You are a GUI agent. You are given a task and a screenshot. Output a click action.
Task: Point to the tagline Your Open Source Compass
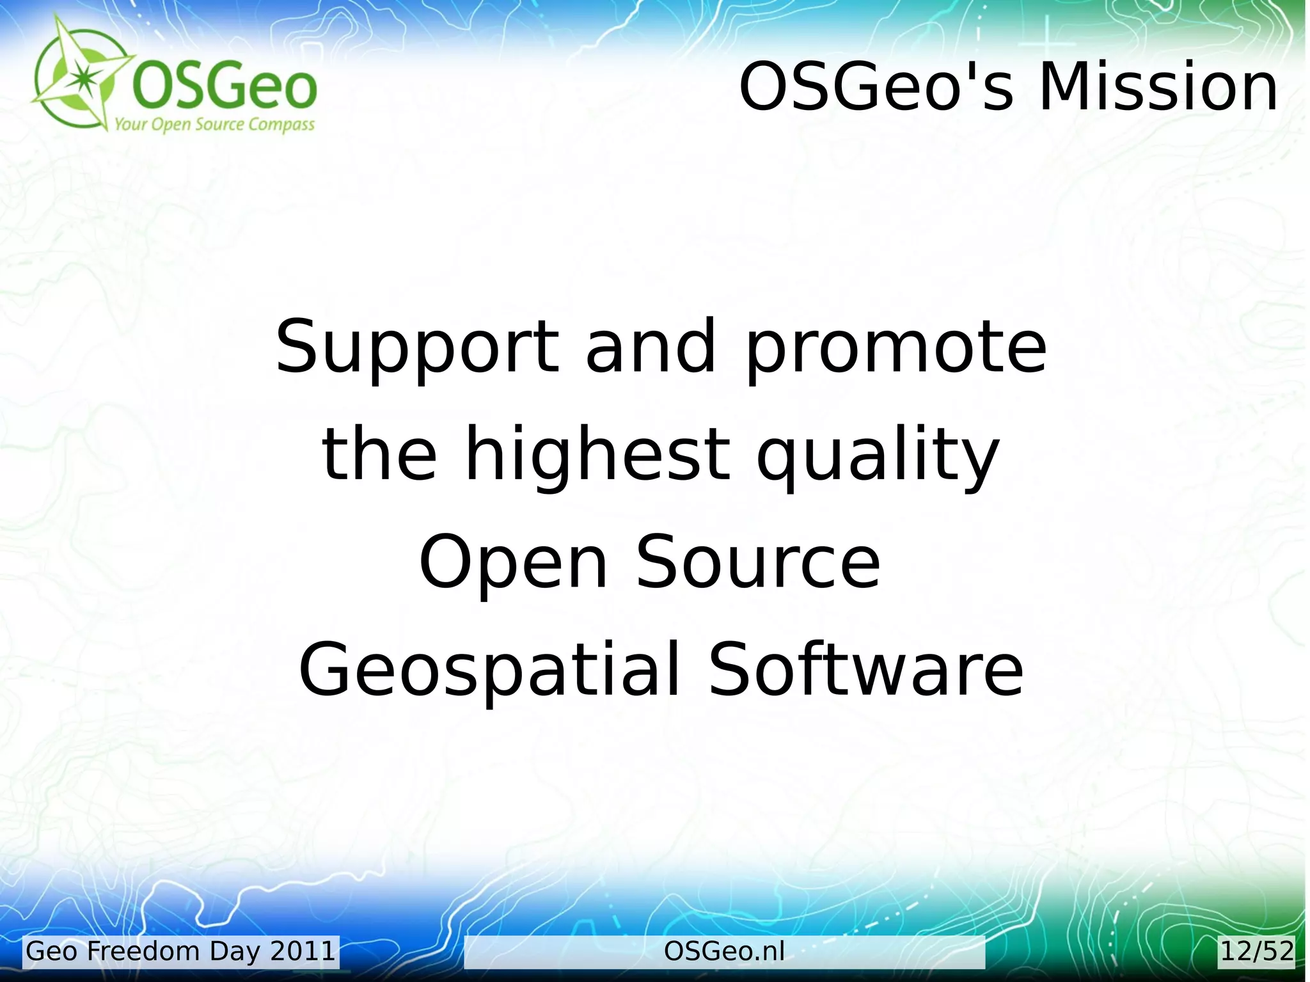pyautogui.click(x=214, y=124)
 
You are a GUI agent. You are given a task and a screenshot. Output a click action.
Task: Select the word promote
pyautogui.click(x=896, y=347)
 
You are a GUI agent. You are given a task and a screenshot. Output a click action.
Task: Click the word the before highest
pyautogui.click(x=379, y=454)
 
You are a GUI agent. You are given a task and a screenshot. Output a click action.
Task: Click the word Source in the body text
pyautogui.click(x=758, y=562)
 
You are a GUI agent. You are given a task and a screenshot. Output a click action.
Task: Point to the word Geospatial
pyautogui.click(x=489, y=670)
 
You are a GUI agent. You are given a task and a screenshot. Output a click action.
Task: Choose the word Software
pyautogui.click(x=866, y=669)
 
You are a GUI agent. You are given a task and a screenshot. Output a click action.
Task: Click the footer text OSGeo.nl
pyautogui.click(x=724, y=951)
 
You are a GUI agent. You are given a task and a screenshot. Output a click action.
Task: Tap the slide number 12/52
pyautogui.click(x=1257, y=951)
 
